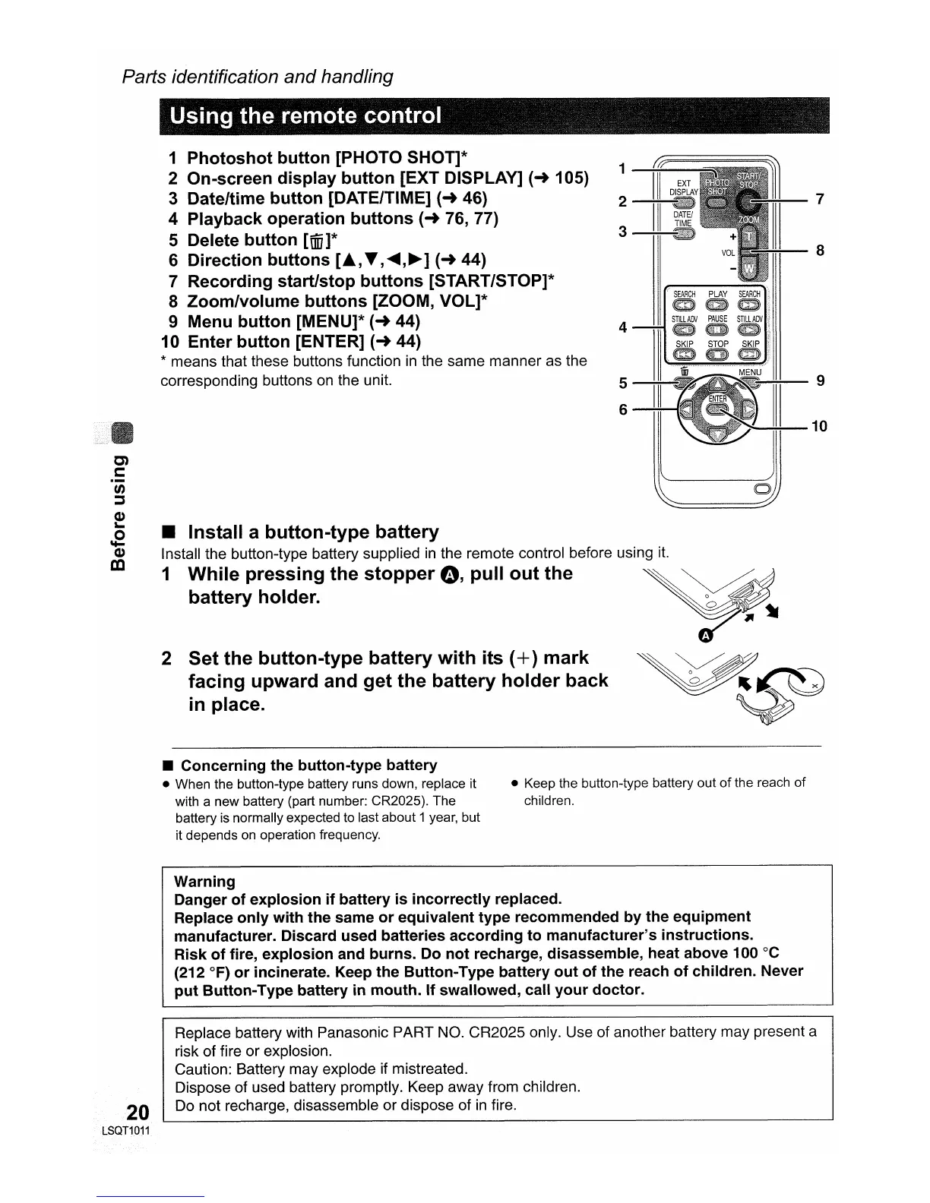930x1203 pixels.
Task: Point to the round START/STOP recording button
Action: [x=749, y=201]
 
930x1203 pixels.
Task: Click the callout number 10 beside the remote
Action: [x=819, y=426]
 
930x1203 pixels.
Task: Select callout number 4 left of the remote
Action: [x=623, y=327]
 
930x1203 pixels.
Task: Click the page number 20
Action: [x=138, y=1113]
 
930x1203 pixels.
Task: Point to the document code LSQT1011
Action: [x=126, y=1131]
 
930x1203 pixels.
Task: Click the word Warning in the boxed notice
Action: [x=204, y=882]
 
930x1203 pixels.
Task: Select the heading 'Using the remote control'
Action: [x=305, y=116]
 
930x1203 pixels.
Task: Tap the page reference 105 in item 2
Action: [x=571, y=178]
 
